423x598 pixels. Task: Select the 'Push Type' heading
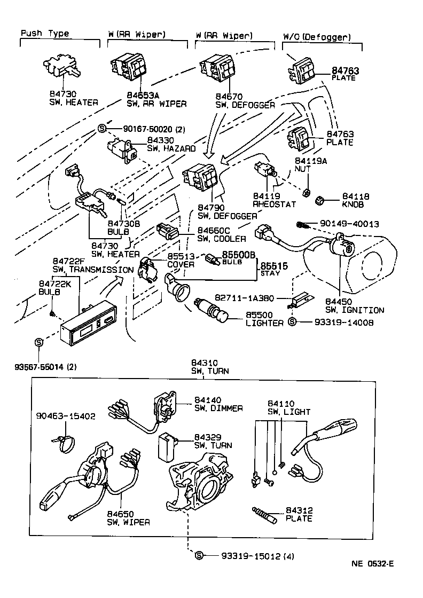click(44, 34)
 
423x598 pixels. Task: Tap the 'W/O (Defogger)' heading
click(317, 37)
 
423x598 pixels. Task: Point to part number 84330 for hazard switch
click(160, 140)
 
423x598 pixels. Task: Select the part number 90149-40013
click(349, 224)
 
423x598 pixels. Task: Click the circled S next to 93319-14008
click(292, 322)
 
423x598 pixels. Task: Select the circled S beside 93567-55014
click(38, 342)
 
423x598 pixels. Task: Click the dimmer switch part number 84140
click(207, 400)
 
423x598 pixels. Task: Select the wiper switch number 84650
click(120, 514)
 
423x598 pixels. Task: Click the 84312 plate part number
click(299, 510)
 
